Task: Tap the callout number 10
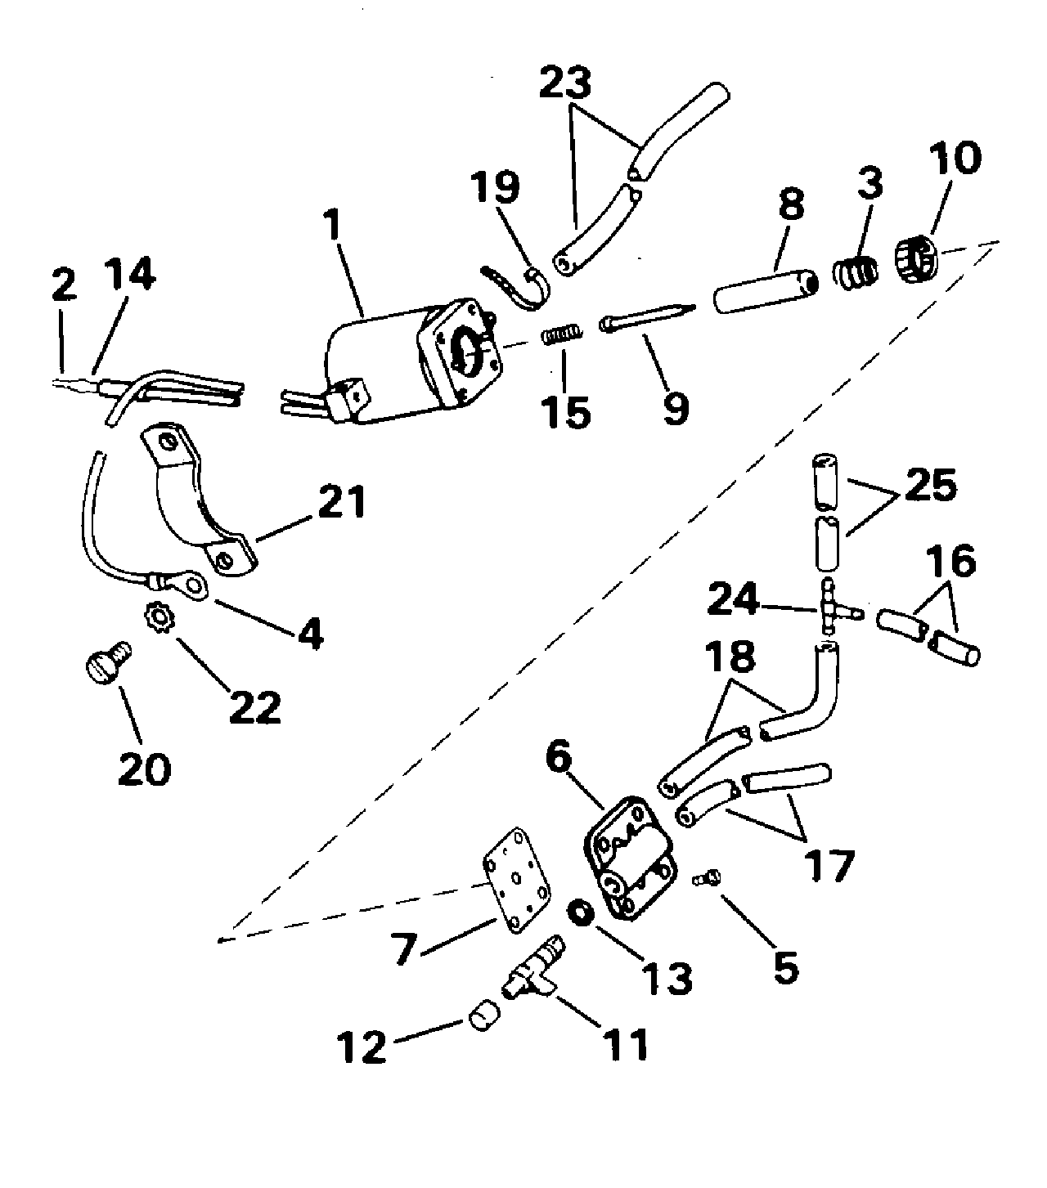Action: click(955, 158)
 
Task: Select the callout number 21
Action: click(342, 501)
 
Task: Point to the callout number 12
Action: click(362, 1048)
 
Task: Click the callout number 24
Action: click(733, 599)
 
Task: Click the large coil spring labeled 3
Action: click(856, 272)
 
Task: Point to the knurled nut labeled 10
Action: click(917, 260)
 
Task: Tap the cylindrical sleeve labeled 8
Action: click(766, 291)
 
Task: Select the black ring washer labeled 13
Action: click(581, 914)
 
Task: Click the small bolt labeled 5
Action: click(708, 878)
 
